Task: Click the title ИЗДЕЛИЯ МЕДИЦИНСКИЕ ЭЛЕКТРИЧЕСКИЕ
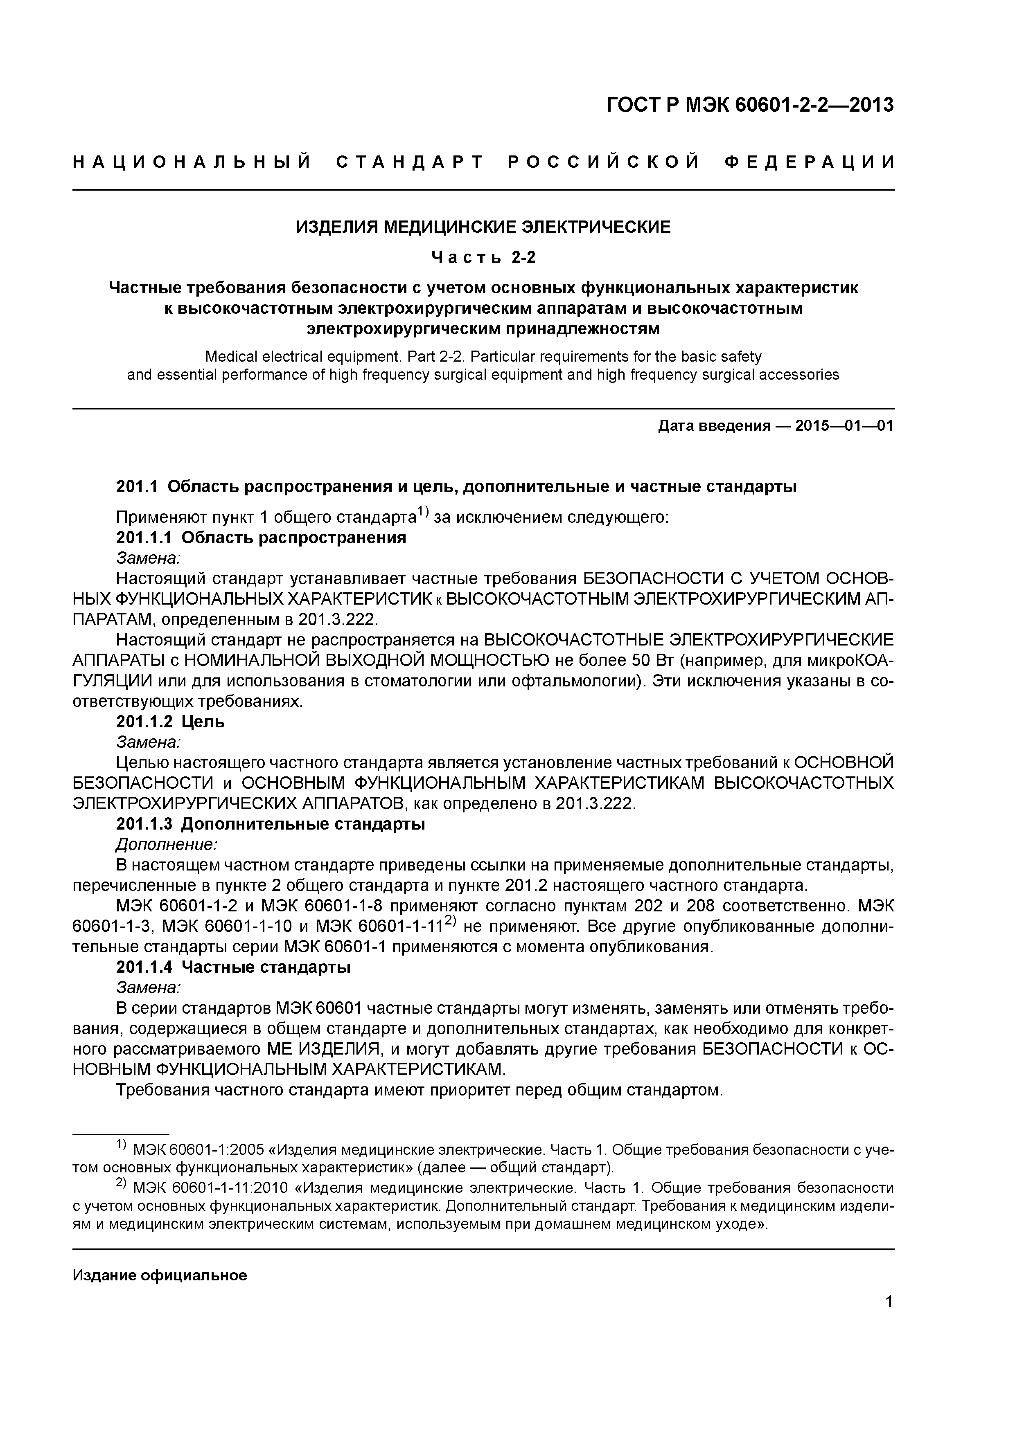click(483, 227)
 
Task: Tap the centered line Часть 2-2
click(483, 257)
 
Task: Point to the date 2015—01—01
click(844, 426)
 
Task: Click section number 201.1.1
click(146, 538)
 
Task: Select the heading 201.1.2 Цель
click(170, 722)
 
